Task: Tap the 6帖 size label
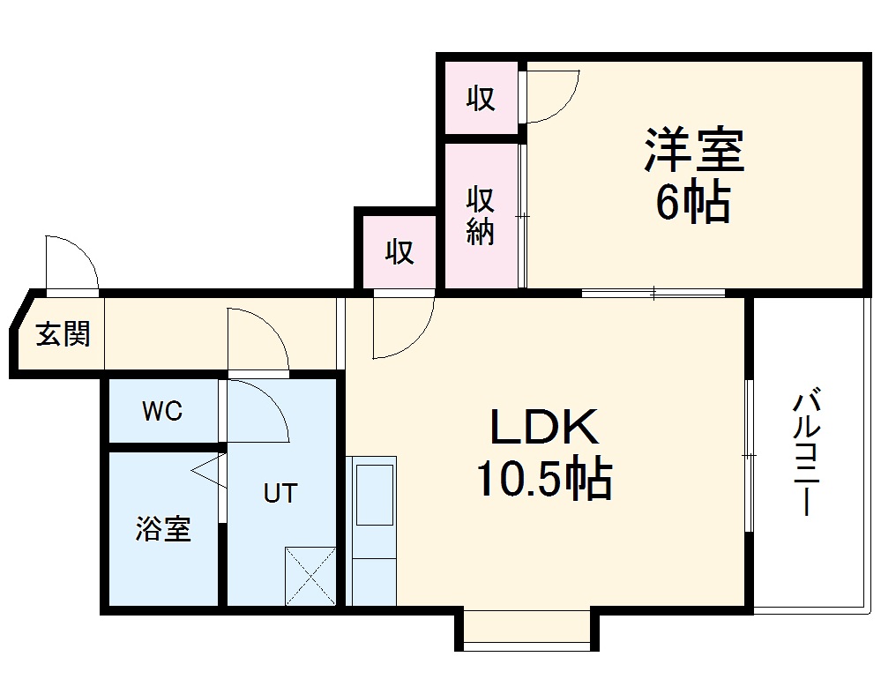[x=692, y=204]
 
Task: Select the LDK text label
[x=544, y=429]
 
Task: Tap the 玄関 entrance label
[x=63, y=334]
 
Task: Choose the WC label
[x=162, y=411]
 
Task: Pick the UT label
[x=280, y=494]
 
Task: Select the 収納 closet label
[x=481, y=216]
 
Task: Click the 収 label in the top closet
[x=481, y=99]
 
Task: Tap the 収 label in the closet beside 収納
[x=399, y=252]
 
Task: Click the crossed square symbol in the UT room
[x=310, y=575]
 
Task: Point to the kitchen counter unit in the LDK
[x=374, y=529]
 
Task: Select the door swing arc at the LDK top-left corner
[x=401, y=327]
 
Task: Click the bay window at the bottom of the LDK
[x=526, y=630]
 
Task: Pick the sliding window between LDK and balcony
[x=748, y=455]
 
